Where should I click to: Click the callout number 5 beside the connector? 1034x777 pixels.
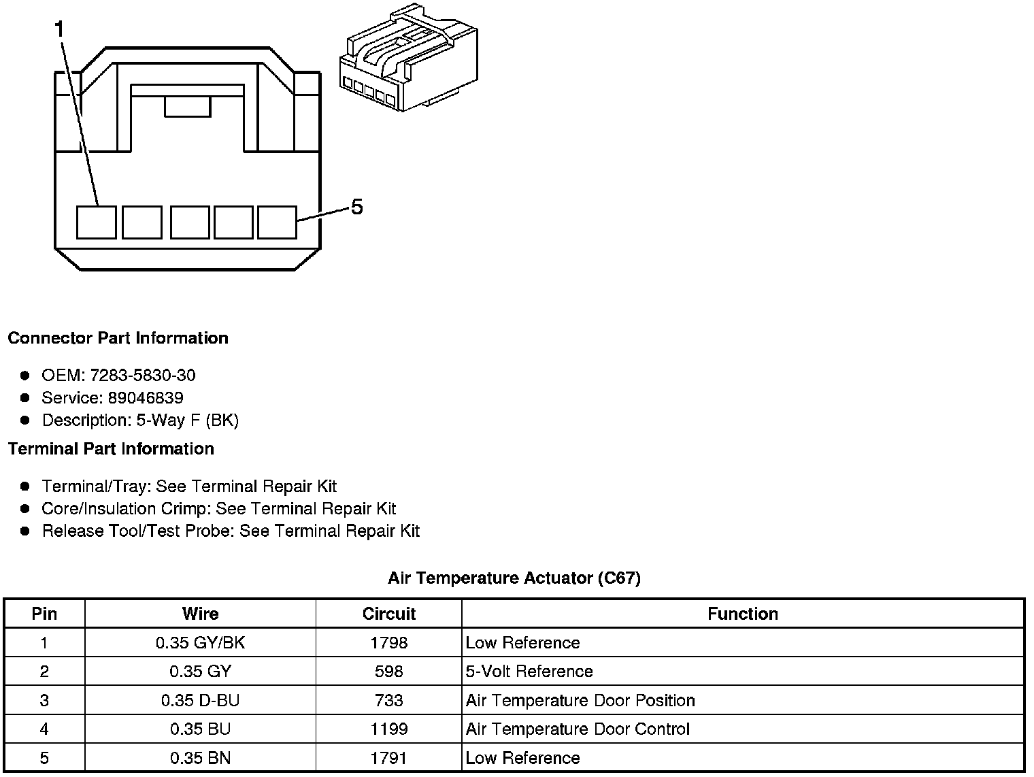(356, 207)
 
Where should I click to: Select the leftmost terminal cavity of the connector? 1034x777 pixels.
(96, 222)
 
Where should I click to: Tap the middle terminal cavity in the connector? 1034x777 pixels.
(190, 222)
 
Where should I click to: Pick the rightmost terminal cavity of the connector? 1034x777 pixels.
(277, 222)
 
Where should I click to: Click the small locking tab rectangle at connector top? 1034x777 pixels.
(187, 107)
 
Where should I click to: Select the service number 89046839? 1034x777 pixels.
(146, 398)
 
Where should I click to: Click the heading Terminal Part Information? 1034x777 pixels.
(111, 449)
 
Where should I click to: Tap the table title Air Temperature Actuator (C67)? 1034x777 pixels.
(514, 578)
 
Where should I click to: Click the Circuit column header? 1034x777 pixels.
(388, 614)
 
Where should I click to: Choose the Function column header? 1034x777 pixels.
(742, 614)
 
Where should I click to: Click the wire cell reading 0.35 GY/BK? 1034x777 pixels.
(200, 643)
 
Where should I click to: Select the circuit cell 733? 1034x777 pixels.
(388, 701)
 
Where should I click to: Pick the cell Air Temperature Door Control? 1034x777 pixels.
(578, 729)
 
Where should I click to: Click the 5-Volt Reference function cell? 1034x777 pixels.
(529, 672)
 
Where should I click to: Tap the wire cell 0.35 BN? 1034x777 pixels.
(200, 758)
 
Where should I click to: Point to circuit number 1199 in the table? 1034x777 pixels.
(388, 729)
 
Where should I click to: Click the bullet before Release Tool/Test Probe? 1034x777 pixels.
(25, 531)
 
